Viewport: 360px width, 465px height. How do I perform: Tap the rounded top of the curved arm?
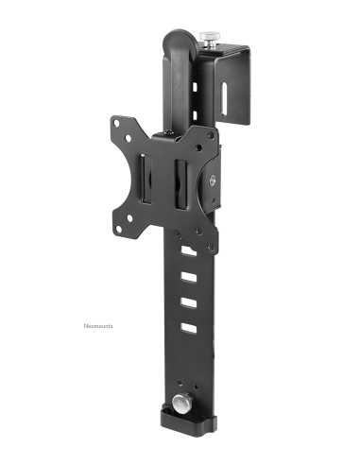pos(177,40)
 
